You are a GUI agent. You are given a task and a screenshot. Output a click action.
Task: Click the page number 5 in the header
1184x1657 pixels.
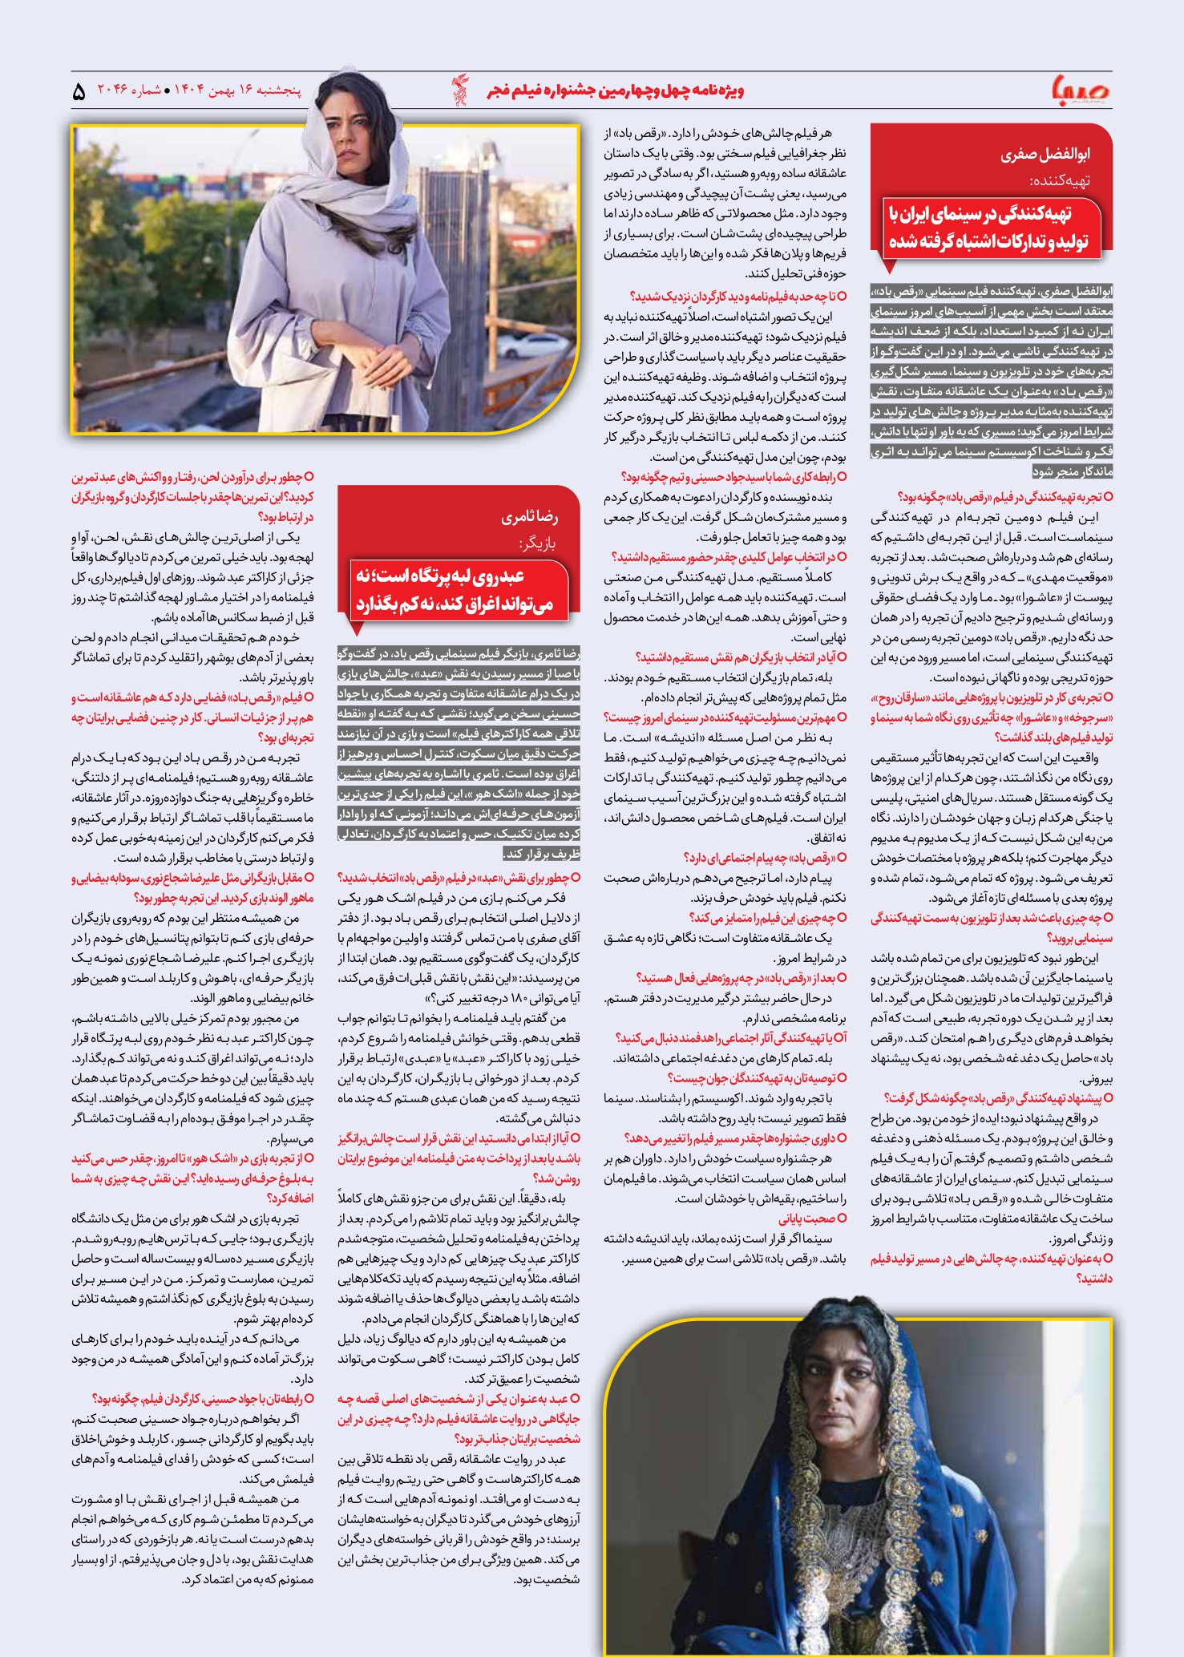[79, 92]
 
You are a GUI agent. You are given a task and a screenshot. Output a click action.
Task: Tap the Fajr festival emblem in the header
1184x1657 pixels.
[459, 90]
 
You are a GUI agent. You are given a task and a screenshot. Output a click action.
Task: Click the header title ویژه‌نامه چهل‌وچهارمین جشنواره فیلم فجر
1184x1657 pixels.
[615, 91]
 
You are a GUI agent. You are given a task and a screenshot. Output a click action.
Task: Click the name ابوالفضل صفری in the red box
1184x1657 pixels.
[1045, 155]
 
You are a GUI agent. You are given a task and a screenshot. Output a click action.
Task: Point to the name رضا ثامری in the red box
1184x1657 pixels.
[530, 518]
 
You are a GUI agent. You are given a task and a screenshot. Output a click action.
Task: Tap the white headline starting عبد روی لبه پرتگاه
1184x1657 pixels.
[455, 590]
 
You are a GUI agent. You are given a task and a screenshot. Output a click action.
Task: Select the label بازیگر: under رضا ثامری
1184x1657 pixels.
[538, 544]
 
